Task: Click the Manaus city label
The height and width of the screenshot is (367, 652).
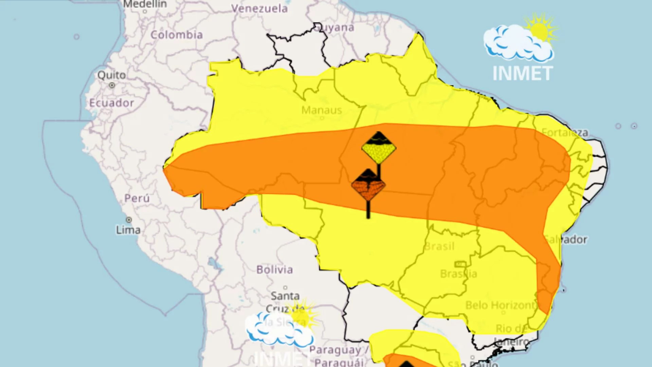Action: [321, 110]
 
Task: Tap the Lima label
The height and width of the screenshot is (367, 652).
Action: [128, 230]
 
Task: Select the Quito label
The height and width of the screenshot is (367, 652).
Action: [111, 75]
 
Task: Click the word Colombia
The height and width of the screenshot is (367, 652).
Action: [177, 35]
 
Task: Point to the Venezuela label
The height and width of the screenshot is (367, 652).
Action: [259, 8]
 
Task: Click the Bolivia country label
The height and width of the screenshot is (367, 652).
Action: [274, 269]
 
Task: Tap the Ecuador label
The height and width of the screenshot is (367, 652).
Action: [111, 103]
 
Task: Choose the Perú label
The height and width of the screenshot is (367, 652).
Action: [137, 198]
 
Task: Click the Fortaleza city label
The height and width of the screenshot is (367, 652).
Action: [565, 132]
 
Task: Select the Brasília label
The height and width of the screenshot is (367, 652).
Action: [458, 274]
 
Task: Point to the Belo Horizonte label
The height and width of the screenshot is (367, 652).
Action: [501, 305]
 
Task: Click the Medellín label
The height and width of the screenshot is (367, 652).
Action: [145, 4]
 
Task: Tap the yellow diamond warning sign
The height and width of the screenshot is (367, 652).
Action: [379, 148]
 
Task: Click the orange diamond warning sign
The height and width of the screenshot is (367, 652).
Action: [368, 185]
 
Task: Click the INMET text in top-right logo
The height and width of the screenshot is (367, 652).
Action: [523, 73]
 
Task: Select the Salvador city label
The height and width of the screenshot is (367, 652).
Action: [566, 239]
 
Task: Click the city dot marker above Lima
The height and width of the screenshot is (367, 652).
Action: [129, 220]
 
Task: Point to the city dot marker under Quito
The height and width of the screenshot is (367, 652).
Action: [112, 85]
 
